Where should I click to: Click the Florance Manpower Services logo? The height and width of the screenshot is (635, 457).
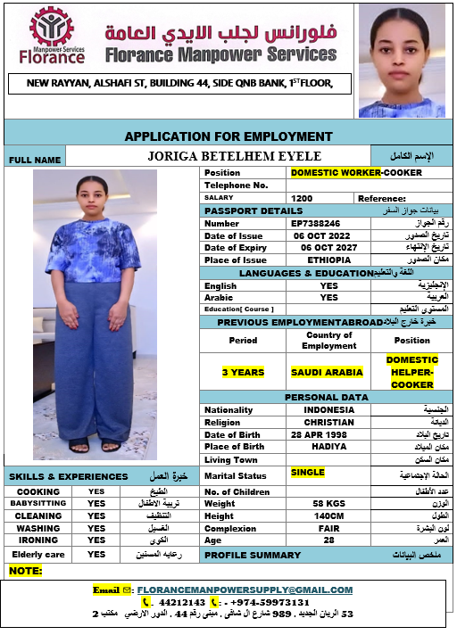[x=53, y=37]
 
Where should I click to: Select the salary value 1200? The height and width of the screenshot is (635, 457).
[x=302, y=198]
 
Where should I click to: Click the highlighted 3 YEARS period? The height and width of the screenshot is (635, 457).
[x=243, y=372]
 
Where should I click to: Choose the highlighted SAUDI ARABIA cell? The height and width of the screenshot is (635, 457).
[x=327, y=372]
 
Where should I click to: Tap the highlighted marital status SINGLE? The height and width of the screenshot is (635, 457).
[x=307, y=472]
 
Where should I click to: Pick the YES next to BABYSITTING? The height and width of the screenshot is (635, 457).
[x=96, y=503]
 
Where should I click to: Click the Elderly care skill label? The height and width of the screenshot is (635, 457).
[x=37, y=554]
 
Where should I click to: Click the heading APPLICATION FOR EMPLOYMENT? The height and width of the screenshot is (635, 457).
[x=228, y=136]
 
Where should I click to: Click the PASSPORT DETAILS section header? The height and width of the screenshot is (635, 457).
[x=253, y=210]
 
